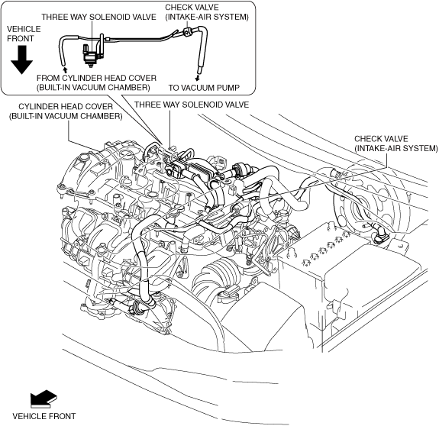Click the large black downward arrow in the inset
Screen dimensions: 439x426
coord(21,60)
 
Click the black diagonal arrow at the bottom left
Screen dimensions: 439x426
coord(44,398)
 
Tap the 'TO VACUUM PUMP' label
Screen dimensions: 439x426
coord(204,88)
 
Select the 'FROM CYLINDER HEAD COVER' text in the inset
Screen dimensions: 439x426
coord(97,78)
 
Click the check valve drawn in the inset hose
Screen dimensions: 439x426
coord(186,31)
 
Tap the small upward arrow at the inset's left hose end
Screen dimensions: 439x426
coord(65,69)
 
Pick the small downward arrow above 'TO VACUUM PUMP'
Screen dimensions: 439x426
coord(198,78)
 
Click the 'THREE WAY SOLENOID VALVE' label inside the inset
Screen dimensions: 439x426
coord(98,17)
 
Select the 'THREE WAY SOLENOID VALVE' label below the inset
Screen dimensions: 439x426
coord(192,105)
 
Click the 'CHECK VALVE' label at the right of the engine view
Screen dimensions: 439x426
coord(381,139)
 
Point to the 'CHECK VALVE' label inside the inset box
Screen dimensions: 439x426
coord(192,8)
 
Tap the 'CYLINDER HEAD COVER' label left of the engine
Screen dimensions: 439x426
coord(66,107)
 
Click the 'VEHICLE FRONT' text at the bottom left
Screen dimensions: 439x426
coord(44,416)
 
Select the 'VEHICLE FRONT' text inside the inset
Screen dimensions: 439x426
coord(24,34)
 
